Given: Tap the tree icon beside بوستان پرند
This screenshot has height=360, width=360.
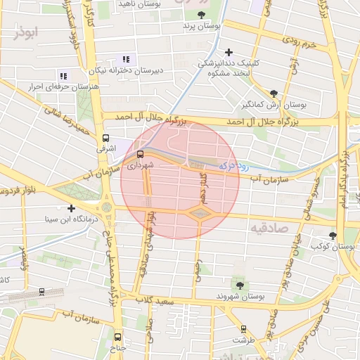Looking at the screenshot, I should click(x=202, y=14).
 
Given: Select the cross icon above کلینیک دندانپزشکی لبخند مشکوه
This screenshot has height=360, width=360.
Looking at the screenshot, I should click(x=229, y=52).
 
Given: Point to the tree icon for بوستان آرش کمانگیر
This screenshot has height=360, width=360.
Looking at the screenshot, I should click(x=274, y=93).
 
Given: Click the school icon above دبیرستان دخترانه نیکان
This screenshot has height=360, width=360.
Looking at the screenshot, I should click(x=126, y=60).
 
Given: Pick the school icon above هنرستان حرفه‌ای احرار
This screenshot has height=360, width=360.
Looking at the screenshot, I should click(x=63, y=76).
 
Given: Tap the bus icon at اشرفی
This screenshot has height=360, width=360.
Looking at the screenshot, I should click(x=106, y=139).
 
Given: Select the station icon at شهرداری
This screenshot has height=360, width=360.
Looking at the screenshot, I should click(x=140, y=154).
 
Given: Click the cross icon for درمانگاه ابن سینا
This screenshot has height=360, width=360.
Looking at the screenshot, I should click(x=71, y=208).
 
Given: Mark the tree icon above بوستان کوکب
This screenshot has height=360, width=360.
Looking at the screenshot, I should click(x=332, y=236).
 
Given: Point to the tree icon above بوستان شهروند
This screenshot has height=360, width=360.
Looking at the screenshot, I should click(x=240, y=285).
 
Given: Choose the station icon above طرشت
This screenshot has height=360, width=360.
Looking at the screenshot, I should click(x=243, y=328).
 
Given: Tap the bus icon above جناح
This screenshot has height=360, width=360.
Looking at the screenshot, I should click(x=118, y=337).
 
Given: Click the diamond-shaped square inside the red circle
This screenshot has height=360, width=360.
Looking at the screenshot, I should click(x=200, y=214).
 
